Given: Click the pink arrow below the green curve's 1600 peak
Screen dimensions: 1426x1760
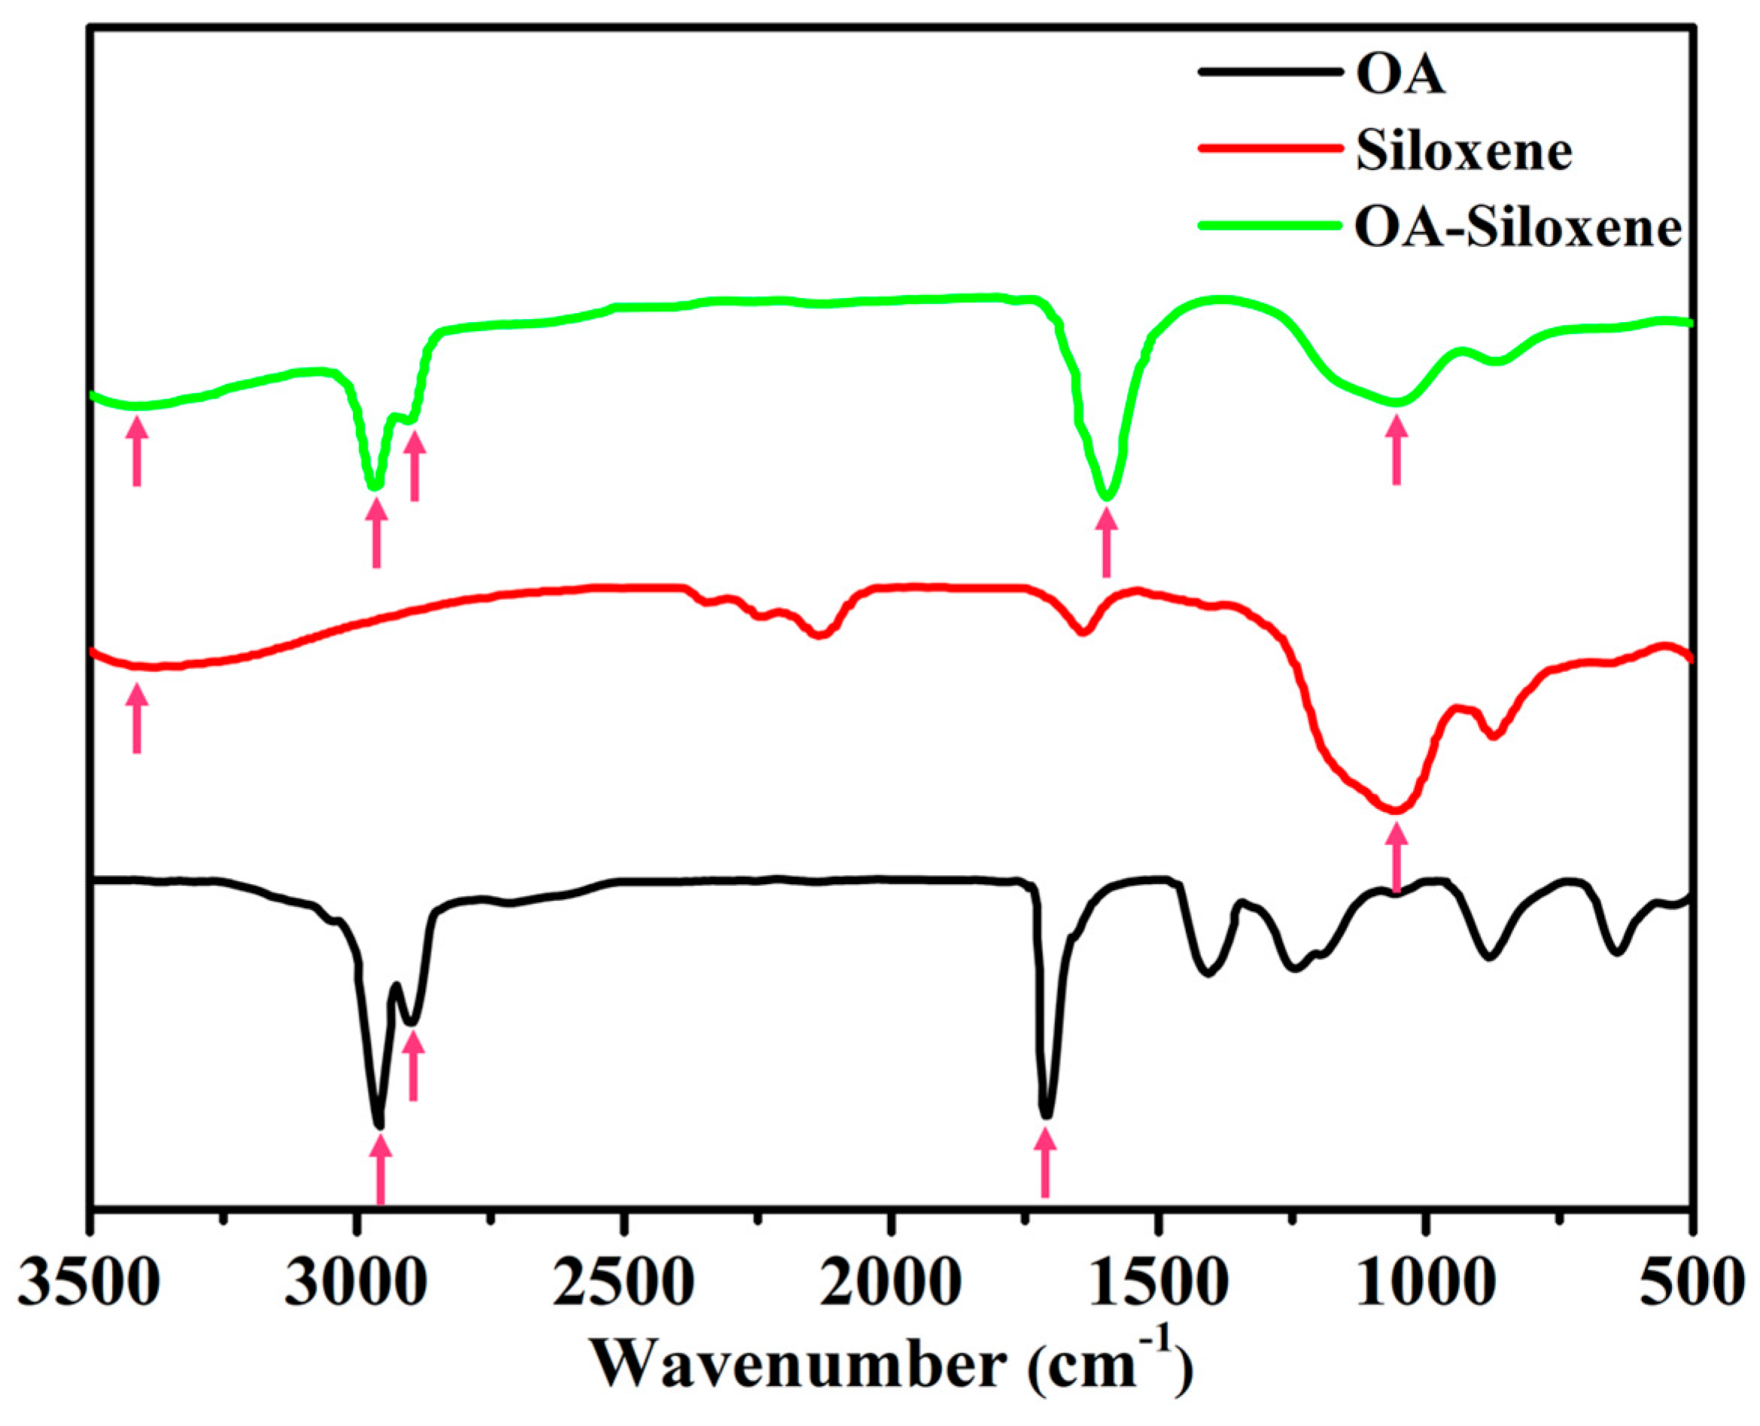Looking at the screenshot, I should coord(1106,541).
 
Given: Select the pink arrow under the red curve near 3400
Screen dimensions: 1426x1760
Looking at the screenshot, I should coord(137,719).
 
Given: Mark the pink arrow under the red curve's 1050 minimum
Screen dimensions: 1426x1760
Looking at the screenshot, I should coord(1396,858).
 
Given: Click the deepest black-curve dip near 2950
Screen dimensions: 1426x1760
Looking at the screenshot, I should coord(378,1123).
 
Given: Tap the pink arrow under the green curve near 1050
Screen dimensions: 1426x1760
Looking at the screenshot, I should coord(1396,449).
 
